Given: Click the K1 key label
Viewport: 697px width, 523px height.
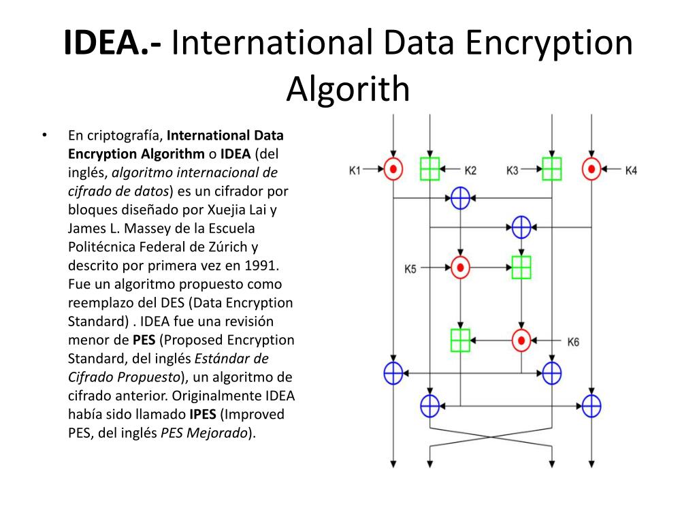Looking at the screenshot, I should tap(355, 169).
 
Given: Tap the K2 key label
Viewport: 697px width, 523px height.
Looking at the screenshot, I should tap(471, 170).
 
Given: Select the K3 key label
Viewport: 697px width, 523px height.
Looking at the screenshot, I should tap(513, 170).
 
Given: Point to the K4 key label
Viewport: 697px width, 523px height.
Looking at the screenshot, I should tap(631, 170).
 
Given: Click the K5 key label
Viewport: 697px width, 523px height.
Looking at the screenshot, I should tap(410, 268).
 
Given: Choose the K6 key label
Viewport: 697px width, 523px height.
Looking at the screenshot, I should tap(573, 342).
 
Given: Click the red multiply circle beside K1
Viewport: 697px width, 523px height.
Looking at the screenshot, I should tap(393, 168).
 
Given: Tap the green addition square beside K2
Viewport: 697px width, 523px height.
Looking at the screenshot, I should tap(429, 169).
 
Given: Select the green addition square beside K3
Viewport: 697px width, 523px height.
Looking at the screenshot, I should tap(551, 169).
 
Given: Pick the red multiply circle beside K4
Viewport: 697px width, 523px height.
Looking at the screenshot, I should tap(592, 168).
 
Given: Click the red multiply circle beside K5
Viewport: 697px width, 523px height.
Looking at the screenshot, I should tap(461, 267).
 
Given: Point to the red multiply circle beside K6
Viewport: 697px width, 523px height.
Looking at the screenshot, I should tap(521, 340).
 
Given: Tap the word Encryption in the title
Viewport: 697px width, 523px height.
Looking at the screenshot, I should tap(551, 43).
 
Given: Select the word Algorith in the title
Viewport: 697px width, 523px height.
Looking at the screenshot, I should tap(348, 89).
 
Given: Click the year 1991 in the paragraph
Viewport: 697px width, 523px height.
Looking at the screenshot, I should tap(263, 265).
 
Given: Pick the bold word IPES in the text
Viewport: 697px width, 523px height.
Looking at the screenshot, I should tap(203, 413).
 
